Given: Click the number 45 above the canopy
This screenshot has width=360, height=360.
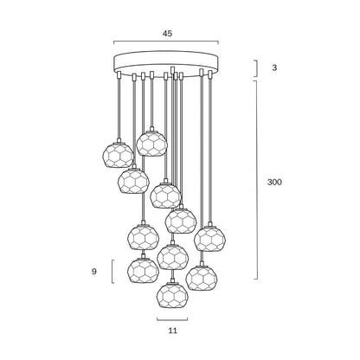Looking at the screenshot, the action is tap(167, 34).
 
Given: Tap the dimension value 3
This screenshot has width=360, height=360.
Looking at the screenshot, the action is tap(274, 67).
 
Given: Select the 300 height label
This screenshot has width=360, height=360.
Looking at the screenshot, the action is tap(274, 182).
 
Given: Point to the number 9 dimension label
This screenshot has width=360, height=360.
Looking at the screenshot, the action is tap(94, 272).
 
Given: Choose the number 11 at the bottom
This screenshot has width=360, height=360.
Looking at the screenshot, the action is tap(172, 331).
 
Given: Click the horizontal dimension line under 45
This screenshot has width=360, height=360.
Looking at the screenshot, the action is tap(166, 42).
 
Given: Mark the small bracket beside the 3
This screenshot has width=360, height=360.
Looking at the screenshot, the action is tap(256, 68).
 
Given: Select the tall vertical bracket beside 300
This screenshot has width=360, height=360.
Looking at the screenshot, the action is tap(256, 180).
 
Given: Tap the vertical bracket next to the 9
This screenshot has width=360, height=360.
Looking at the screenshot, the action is tap(112, 272).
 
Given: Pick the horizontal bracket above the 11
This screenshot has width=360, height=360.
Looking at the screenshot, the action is tap(172, 319).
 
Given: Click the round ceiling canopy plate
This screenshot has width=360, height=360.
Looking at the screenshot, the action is tap(166, 64).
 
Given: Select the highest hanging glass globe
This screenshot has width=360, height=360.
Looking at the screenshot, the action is tap(151, 144).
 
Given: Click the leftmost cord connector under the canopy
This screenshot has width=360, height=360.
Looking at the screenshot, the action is tap(119, 74).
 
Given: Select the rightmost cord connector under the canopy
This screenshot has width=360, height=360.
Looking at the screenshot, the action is tap(210, 74).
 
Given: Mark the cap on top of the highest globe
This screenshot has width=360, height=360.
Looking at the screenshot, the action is tap(151, 129).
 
